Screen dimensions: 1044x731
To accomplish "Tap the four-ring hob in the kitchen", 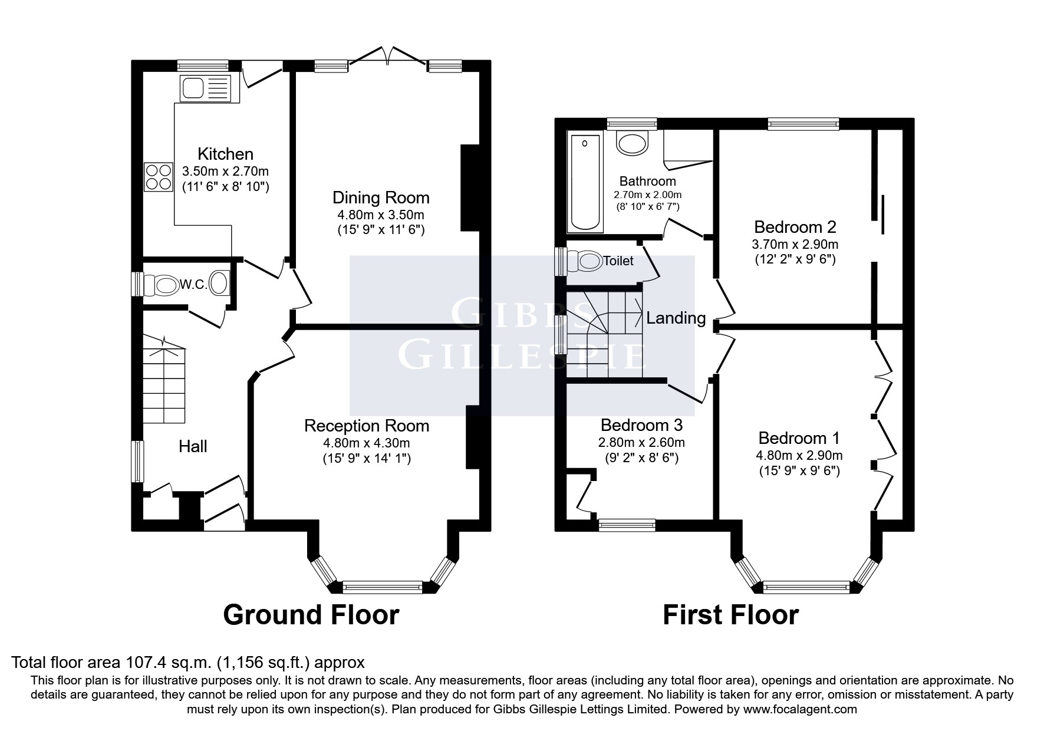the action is point(159,176).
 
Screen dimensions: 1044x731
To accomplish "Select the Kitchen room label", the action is point(225,154).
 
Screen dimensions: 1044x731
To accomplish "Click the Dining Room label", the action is point(381,197).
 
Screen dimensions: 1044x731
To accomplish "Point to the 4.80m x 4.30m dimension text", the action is point(367,443).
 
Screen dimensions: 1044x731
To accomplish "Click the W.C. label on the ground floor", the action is point(193,285).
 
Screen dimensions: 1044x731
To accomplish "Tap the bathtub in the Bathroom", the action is point(585,183).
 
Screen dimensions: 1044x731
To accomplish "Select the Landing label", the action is point(676,318).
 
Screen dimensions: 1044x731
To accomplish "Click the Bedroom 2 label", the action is point(795,227).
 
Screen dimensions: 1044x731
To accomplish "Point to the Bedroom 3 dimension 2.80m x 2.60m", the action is point(641,443).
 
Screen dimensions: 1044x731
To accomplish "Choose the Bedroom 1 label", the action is point(799,438).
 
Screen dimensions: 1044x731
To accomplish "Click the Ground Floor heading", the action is point(311,615).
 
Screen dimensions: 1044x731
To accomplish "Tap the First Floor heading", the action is point(731,615).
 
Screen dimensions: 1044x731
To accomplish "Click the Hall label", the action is point(193,447).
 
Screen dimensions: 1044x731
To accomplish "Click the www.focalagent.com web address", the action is point(800,709).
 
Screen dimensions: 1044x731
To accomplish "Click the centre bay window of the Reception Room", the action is point(383,587).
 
